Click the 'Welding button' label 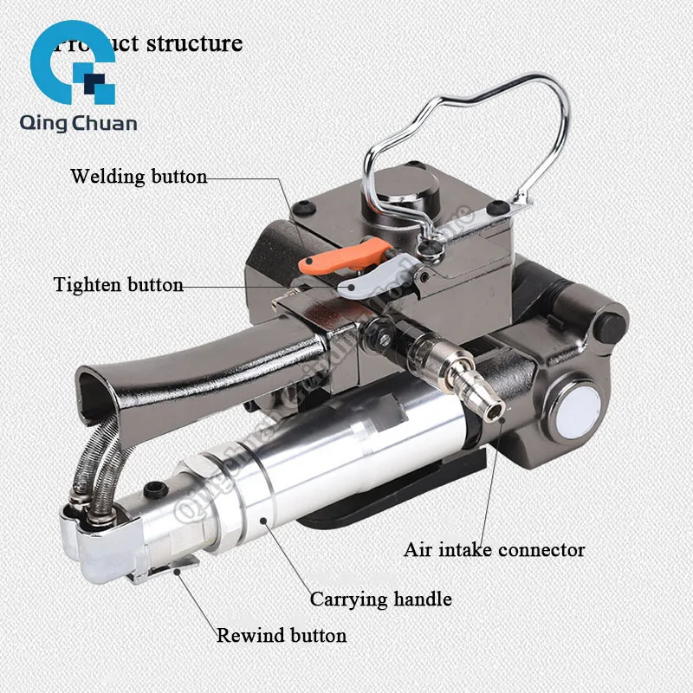click(x=139, y=178)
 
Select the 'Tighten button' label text click(x=118, y=285)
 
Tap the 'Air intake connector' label click(x=494, y=549)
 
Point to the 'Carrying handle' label click(x=381, y=599)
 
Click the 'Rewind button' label click(x=282, y=635)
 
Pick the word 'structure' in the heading click(x=194, y=43)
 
